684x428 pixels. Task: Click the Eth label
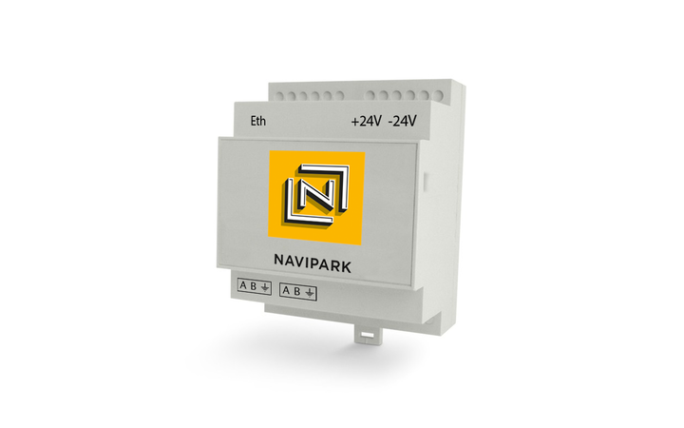tap(256, 122)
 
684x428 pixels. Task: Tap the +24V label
tap(364, 122)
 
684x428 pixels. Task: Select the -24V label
tap(404, 122)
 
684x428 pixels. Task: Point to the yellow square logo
tap(316, 198)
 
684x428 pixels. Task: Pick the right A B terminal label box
tap(299, 289)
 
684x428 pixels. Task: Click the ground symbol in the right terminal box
tap(311, 290)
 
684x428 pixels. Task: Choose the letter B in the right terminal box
tap(299, 289)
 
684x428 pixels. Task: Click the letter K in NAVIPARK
tap(346, 267)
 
